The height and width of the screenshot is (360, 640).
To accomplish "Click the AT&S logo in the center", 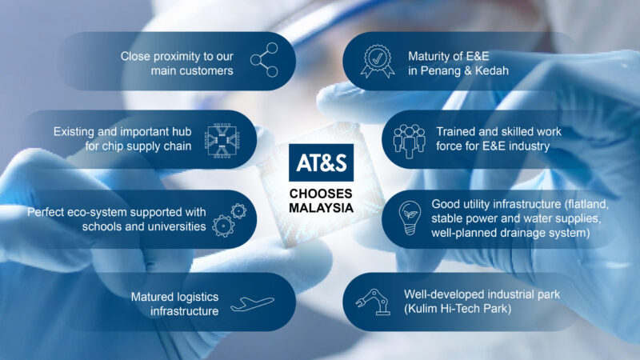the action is click(x=322, y=162).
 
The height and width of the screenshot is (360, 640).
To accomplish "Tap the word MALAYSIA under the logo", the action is click(x=322, y=208).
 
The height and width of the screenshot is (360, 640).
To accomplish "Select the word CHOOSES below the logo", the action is click(x=321, y=194).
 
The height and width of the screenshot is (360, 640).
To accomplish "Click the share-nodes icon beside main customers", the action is click(x=264, y=60).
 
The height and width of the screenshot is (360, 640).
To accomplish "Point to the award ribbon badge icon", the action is click(x=378, y=62).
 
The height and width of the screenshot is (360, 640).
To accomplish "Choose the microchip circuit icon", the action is click(x=222, y=140).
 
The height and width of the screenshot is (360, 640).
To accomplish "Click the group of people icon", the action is click(x=409, y=141).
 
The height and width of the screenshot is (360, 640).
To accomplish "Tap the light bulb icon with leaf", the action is click(x=410, y=218).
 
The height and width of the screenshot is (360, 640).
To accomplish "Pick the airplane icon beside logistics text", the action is click(x=252, y=304).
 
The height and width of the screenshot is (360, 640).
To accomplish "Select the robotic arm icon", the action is click(x=372, y=302).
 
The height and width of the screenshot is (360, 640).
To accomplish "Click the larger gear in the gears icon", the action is click(x=223, y=226).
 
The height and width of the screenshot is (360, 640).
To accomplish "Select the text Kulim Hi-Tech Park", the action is click(x=457, y=309).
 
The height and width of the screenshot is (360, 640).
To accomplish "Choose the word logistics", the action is click(x=198, y=297).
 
